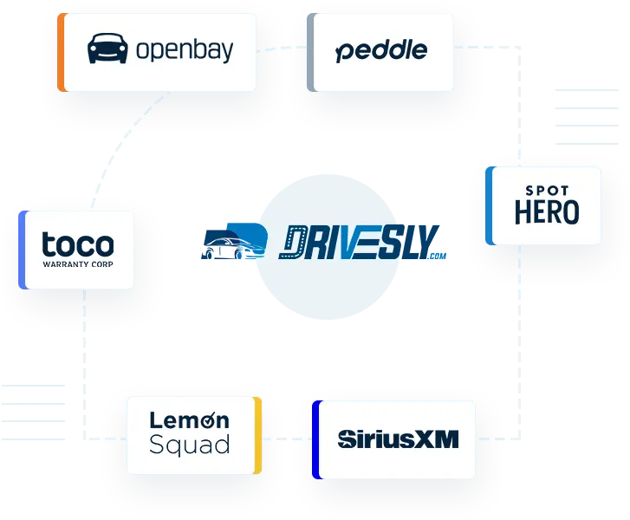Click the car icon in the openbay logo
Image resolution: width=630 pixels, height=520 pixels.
point(107,49)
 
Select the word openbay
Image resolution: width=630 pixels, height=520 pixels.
point(185,50)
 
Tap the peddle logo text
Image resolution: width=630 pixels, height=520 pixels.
point(381,51)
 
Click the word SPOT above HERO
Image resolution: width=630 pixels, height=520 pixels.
point(547,191)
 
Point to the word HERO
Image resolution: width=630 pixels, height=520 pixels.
point(547,212)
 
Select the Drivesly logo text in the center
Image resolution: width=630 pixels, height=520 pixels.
point(362,244)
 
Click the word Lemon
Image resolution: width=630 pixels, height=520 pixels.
point(190,420)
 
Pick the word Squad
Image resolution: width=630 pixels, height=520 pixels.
point(190,446)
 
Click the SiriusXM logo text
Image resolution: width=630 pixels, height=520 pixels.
point(398,439)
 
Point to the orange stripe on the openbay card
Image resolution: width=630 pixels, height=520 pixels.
point(61,52)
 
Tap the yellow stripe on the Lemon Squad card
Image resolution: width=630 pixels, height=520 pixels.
point(257,436)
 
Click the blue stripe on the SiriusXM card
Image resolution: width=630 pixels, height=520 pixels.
point(316,439)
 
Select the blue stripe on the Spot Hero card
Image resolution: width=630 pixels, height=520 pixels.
point(490,205)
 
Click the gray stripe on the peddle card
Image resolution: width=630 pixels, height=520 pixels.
point(310,52)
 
